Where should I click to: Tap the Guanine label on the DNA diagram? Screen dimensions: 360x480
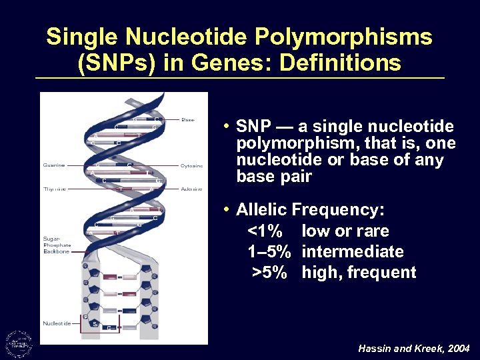[54, 165]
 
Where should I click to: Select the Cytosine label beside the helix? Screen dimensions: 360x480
[192, 165]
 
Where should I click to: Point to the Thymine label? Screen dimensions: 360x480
[55, 189]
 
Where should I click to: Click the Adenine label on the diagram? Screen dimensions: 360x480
[191, 189]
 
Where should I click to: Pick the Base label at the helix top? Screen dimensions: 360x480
[189, 121]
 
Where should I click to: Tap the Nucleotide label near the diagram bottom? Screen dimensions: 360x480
[57, 324]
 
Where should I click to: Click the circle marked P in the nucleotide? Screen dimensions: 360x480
[85, 317]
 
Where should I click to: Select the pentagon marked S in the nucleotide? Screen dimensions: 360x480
[95, 323]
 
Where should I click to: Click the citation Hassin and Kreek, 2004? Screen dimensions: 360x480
[413, 349]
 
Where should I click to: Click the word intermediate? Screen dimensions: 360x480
[352, 252]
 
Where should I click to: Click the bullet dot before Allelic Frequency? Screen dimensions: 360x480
[227, 210]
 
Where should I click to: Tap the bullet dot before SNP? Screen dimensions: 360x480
[227, 127]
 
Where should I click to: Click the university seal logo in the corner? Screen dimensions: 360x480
[18, 343]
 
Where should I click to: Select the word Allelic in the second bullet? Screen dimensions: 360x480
[261, 210]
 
